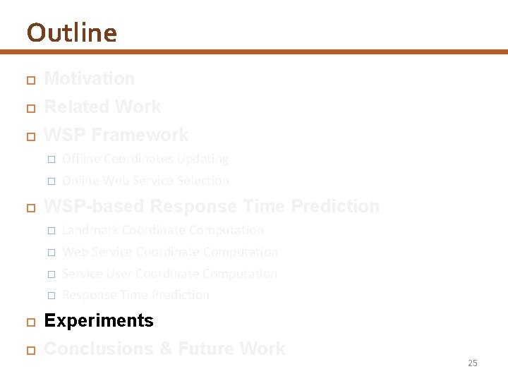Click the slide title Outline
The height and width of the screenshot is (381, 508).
71,32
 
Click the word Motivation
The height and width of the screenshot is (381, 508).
89,78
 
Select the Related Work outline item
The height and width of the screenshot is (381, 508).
102,107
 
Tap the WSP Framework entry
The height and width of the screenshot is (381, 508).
116,135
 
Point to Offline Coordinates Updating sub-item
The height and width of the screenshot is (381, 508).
145,159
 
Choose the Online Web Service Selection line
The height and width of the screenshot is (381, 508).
145,181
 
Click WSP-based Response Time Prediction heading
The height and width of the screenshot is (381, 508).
212,206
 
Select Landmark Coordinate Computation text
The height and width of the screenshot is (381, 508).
162,230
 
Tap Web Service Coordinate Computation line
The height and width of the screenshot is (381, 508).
169,252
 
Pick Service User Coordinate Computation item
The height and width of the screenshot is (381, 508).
169,274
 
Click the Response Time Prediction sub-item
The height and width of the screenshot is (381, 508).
135,295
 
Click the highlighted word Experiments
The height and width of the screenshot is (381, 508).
99,320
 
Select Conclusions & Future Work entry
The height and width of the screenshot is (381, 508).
164,349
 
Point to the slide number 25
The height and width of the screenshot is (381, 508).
472,363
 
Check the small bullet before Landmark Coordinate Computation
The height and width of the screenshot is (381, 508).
51,231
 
